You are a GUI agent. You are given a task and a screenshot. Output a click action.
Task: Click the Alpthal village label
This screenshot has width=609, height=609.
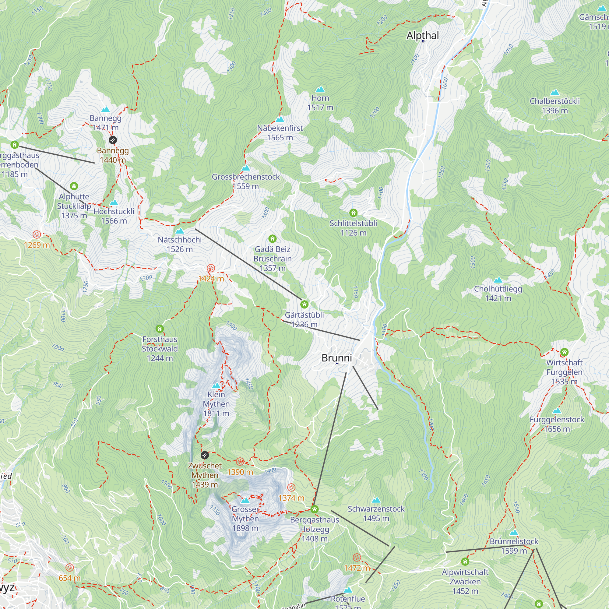[x=422, y=35]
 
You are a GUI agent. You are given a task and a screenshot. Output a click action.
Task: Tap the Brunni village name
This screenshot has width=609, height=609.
[x=336, y=358]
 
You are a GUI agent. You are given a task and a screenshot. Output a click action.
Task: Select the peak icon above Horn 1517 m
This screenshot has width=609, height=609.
[x=320, y=89]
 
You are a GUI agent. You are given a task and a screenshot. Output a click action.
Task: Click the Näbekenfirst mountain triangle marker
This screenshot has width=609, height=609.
[x=280, y=119]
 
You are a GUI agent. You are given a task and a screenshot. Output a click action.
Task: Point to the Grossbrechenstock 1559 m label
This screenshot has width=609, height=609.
[x=245, y=181]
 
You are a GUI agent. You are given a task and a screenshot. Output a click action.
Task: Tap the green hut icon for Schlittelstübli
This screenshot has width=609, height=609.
[x=353, y=213]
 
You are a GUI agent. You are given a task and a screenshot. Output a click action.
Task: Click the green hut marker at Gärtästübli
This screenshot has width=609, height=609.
[x=304, y=304]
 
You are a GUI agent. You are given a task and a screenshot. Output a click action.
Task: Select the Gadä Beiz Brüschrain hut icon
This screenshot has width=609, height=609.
[x=272, y=239]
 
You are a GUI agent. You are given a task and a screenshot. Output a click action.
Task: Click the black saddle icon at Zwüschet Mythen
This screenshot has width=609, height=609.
[x=205, y=455]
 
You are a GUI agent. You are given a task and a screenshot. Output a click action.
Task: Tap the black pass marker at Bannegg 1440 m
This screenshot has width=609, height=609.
[x=113, y=140]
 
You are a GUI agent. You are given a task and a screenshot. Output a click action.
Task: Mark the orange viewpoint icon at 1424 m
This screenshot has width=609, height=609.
[x=211, y=269]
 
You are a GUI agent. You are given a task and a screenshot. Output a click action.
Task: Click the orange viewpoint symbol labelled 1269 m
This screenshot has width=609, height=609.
[x=37, y=234]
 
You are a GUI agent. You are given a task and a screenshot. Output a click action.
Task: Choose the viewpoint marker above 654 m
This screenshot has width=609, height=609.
[x=70, y=568]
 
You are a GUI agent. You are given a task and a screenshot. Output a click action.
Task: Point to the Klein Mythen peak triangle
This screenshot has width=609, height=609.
[x=216, y=386]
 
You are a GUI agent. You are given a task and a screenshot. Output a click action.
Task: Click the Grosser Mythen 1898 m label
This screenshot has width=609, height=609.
[x=245, y=519]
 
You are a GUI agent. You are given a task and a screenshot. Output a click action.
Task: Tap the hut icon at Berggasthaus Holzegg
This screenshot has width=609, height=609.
[x=314, y=509]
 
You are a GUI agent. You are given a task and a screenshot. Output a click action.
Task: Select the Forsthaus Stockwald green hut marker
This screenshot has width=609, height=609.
[x=160, y=329]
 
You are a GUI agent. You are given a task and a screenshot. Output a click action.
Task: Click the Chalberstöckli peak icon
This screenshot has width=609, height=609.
[x=554, y=92]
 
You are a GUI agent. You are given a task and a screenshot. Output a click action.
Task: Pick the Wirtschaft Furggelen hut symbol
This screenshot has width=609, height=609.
[x=564, y=352]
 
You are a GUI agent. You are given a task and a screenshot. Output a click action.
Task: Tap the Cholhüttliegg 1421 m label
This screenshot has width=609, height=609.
[x=498, y=293]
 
